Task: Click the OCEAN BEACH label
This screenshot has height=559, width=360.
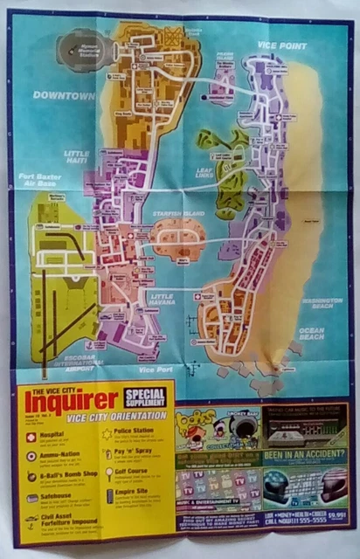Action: coord(313,332)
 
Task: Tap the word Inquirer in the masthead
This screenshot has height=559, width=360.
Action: coord(72,402)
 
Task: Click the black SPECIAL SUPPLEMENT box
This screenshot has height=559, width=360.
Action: coord(144,398)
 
